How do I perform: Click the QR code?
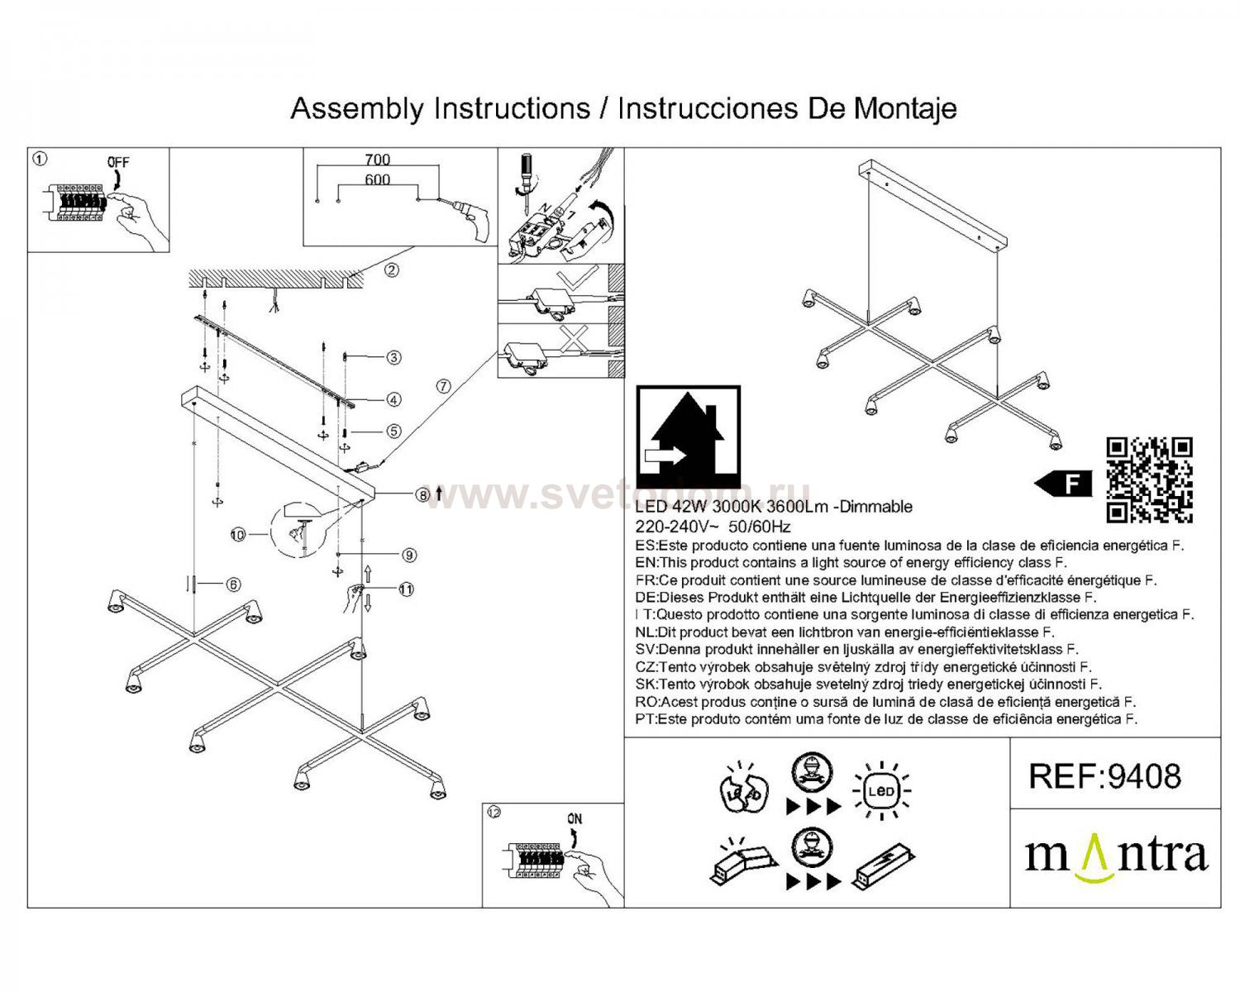[x=1149, y=480]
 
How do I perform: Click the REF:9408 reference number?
[x=1104, y=776]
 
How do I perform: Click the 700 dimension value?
[x=377, y=160]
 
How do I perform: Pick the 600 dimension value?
[x=377, y=179]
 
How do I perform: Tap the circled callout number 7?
[x=443, y=386]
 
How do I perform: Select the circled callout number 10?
[x=239, y=535]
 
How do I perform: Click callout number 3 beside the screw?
[x=393, y=358]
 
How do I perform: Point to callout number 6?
[x=234, y=584]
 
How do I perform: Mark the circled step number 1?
[x=40, y=157]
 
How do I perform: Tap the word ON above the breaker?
[x=575, y=818]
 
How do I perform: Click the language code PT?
[x=646, y=719]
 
